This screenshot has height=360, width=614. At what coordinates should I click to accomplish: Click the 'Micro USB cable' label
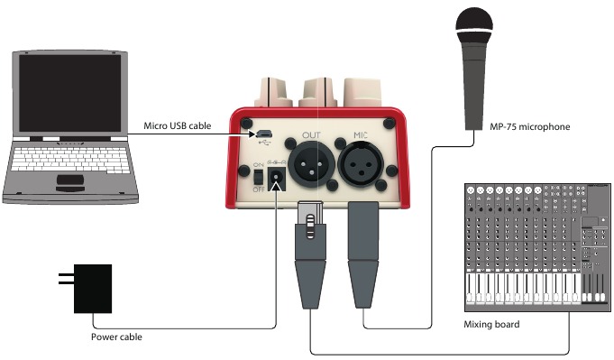(178, 126)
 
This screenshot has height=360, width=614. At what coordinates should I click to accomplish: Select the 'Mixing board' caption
(491, 324)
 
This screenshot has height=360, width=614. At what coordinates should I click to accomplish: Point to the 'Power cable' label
(116, 337)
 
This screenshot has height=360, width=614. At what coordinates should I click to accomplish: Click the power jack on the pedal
(276, 178)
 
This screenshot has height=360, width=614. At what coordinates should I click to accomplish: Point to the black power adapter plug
(91, 289)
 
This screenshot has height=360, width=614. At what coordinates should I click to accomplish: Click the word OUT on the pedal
(311, 135)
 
